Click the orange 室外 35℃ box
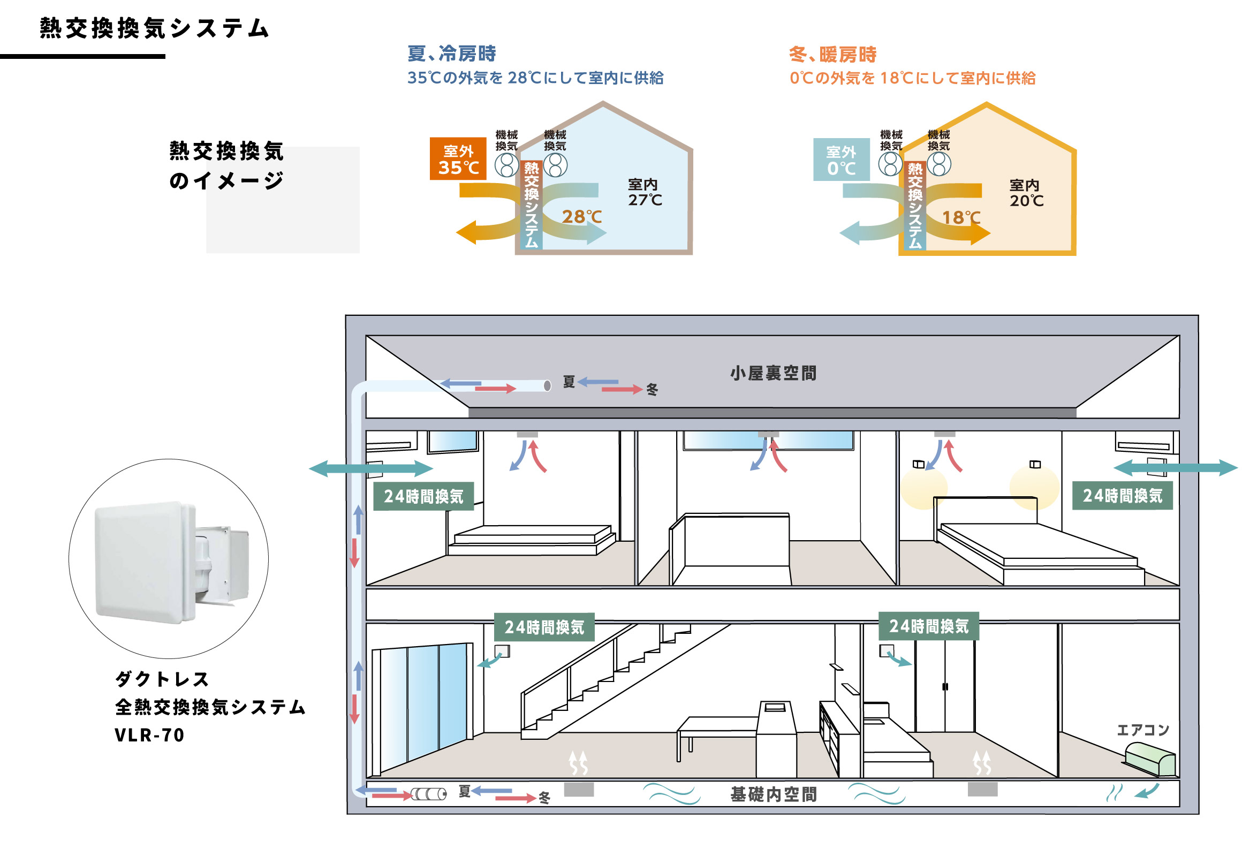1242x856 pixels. pos(457,159)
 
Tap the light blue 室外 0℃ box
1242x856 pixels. pos(840,160)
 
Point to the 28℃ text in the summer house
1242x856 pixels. pos(581,217)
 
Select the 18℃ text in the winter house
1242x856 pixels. pos(961,218)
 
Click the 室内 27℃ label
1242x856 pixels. pos(645,192)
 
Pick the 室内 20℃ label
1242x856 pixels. pos(1026,193)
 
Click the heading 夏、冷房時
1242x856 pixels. pos(451,54)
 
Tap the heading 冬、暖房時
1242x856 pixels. pos(832,55)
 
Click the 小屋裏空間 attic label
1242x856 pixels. pos(773,373)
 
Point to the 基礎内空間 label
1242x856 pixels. pos(773,794)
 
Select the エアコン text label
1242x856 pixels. pos(1142,730)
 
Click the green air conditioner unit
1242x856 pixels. pos(1150,759)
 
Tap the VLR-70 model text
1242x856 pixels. pos(149,736)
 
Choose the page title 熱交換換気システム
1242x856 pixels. pos(154,28)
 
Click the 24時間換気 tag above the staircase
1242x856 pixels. pos(544,627)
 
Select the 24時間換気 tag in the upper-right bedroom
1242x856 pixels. pos(1122,496)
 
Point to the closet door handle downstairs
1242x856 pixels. pos(944,686)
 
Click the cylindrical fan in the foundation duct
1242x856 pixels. pos(428,794)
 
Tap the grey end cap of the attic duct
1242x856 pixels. pos(547,385)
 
